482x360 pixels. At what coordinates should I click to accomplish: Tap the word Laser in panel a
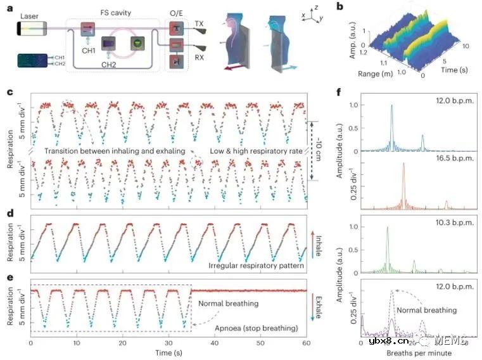click(x=29, y=15)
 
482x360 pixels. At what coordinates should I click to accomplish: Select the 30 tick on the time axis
click(x=168, y=342)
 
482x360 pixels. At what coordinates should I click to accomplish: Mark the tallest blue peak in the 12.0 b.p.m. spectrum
click(x=392, y=106)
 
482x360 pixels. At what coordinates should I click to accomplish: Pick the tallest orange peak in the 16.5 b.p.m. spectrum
click(x=403, y=164)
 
